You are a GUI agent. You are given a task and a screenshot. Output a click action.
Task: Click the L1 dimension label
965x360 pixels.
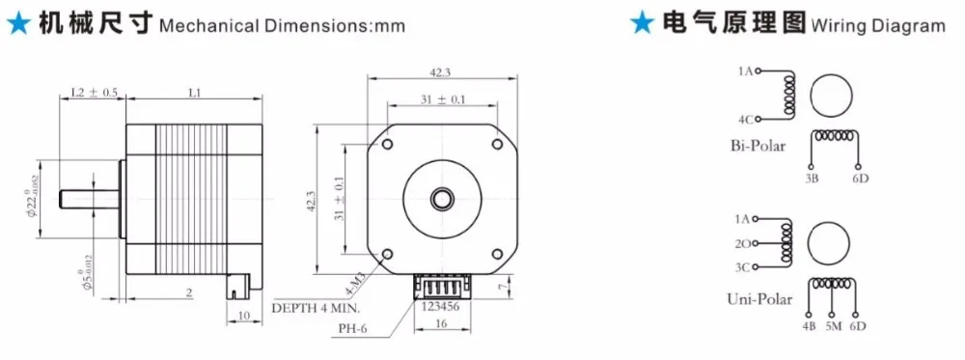195,93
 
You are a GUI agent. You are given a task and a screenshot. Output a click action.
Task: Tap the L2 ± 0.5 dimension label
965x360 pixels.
95,93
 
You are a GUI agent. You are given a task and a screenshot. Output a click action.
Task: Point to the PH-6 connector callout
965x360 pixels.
352,327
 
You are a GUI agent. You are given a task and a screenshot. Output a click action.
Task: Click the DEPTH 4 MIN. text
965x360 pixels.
316,308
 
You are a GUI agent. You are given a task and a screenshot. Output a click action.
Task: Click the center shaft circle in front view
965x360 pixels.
442,199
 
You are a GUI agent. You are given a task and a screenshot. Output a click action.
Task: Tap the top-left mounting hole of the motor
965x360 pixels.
387,145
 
